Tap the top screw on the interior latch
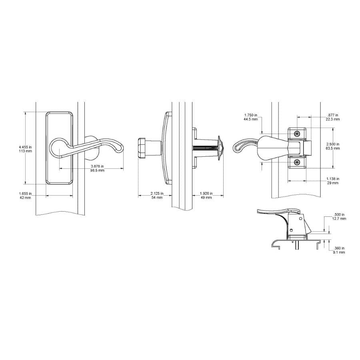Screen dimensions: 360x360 pyautogui.click(x=296, y=133)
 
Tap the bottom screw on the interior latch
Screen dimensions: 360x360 pyautogui.click(x=296, y=162)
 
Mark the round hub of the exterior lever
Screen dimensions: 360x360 pyautogui.click(x=59, y=148)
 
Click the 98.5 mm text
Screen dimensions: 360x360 pyautogui.click(x=97, y=170)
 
